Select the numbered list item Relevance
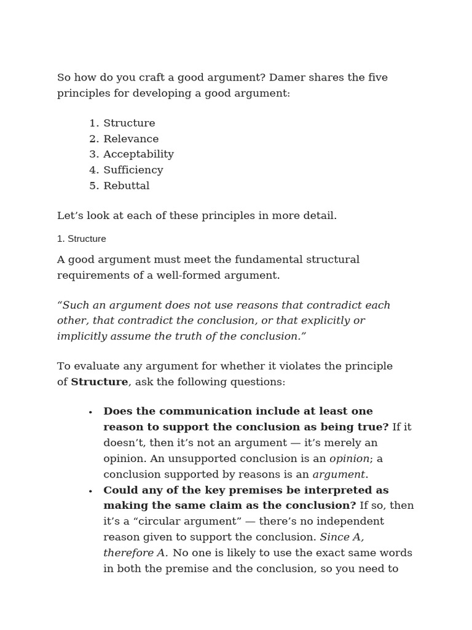point(130,139)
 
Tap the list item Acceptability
point(138,154)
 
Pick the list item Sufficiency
point(133,170)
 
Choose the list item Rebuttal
point(126,186)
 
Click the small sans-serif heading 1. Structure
point(81,239)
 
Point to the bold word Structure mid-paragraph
point(100,382)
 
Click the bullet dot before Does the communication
point(90,413)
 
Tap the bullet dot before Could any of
point(90,492)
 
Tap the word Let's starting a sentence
point(71,216)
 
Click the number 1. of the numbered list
point(94,124)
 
